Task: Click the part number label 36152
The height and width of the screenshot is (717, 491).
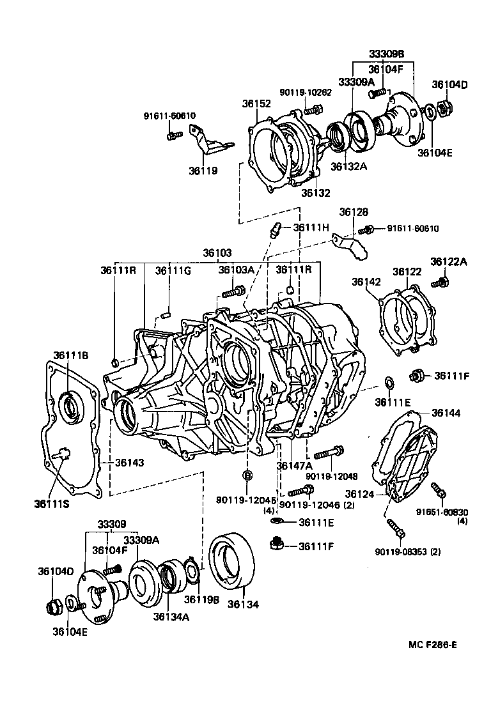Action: click(x=256, y=104)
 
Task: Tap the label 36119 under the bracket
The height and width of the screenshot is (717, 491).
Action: click(x=203, y=171)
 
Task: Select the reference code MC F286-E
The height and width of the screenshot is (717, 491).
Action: click(x=433, y=644)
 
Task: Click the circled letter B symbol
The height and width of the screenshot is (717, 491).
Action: click(x=247, y=475)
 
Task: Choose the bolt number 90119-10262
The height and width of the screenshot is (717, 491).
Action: click(x=306, y=92)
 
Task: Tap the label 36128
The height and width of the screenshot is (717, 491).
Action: click(x=354, y=212)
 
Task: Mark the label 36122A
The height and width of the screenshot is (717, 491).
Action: click(x=449, y=261)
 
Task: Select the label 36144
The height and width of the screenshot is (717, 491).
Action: click(x=446, y=413)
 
